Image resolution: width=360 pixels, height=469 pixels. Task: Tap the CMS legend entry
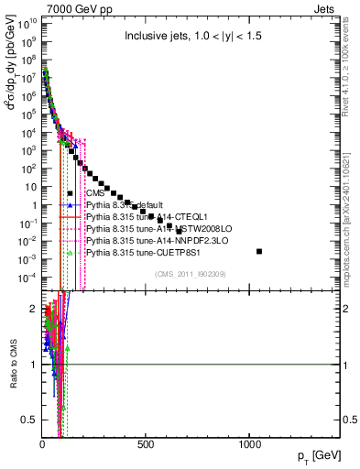(95, 193)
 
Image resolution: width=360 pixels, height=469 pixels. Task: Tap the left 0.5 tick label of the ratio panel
(28, 419)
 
